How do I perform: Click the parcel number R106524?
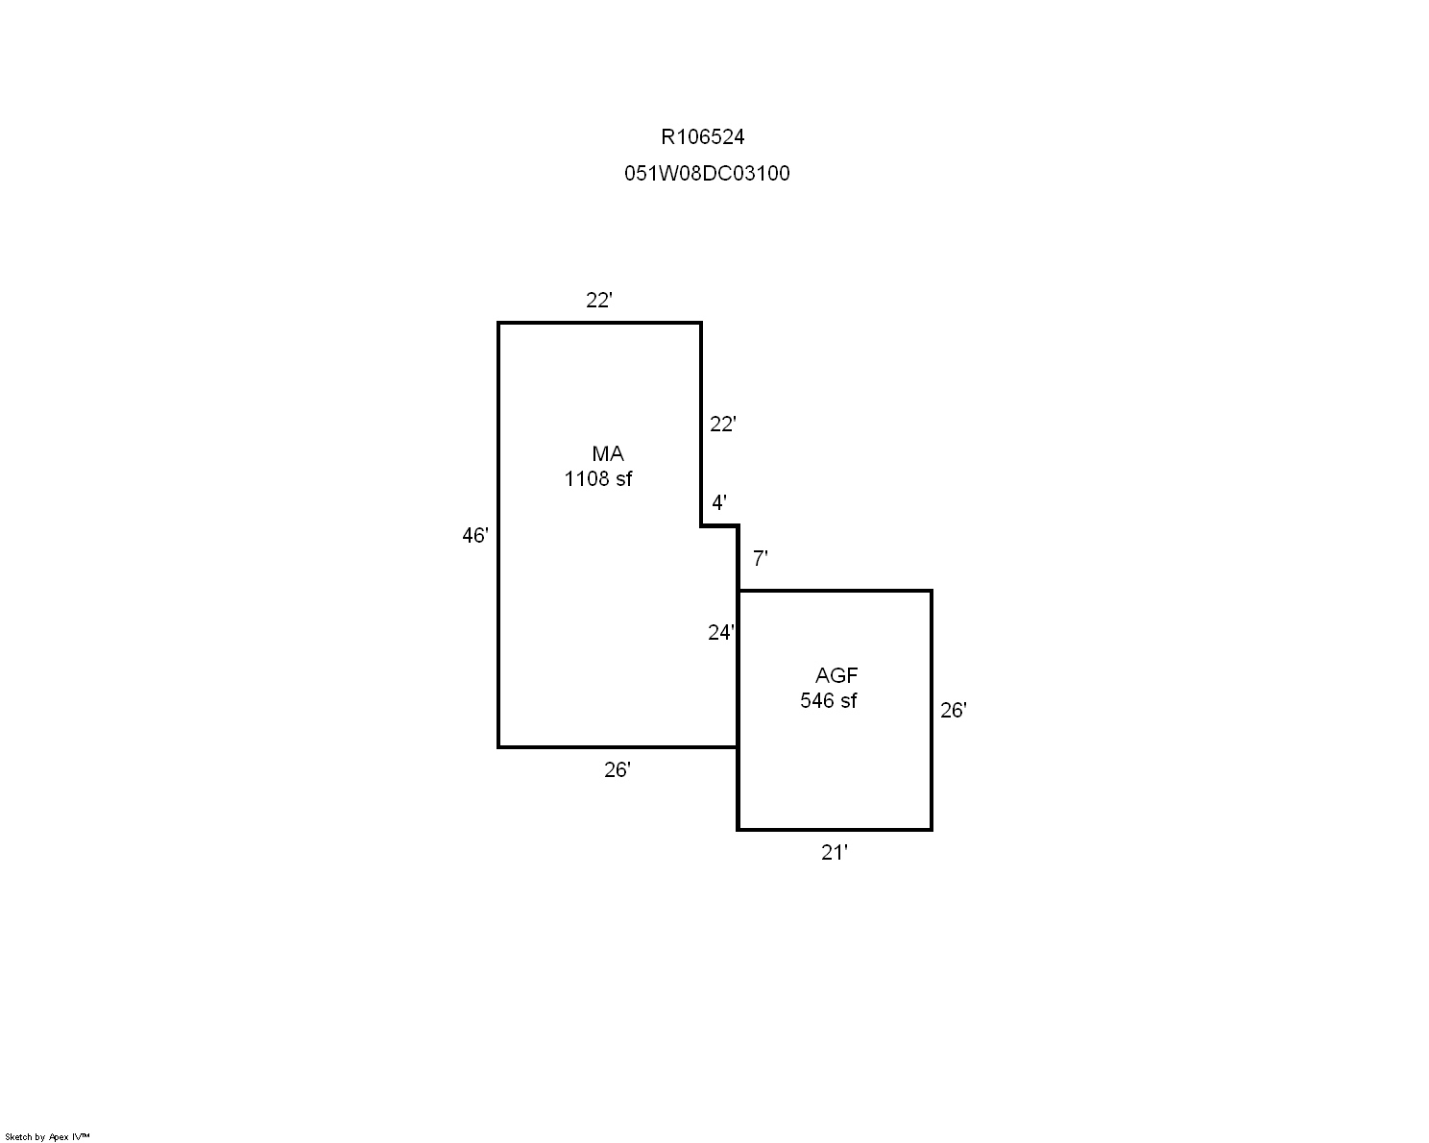tap(703, 136)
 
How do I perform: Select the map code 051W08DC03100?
tap(707, 173)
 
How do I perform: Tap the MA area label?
tap(608, 453)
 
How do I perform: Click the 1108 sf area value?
tap(597, 479)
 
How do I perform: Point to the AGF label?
tap(836, 675)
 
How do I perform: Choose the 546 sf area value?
tap(828, 700)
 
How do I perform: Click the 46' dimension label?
tap(474, 535)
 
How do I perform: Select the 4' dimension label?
tap(719, 502)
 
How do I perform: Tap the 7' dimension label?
tap(760, 559)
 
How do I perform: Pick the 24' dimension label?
tap(721, 633)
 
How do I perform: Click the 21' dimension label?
tap(834, 853)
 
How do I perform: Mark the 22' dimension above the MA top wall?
tap(598, 301)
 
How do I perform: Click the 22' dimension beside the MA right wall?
tap(722, 424)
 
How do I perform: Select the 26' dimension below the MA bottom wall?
tap(617, 769)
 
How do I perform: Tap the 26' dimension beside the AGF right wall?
tap(953, 711)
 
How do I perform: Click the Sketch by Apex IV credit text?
tap(47, 1136)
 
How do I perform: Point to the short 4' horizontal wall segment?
tap(720, 526)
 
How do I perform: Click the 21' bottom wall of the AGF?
tap(835, 830)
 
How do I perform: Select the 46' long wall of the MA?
tap(498, 535)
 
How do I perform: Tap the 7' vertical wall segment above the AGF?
tap(739, 558)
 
